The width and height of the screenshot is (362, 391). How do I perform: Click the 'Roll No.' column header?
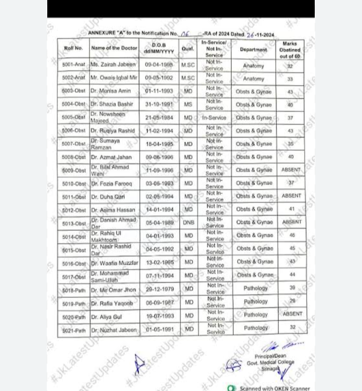(73, 48)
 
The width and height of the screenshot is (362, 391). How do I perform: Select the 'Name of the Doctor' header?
(113, 48)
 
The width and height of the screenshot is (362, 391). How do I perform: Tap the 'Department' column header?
(253, 50)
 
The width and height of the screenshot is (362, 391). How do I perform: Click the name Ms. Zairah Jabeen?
(113, 65)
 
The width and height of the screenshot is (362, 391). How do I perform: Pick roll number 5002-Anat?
(73, 78)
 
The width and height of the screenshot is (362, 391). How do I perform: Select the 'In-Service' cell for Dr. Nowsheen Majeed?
(215, 118)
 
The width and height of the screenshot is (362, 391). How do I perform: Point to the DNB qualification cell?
(189, 222)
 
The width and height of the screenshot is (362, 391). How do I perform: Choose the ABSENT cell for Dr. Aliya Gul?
(292, 314)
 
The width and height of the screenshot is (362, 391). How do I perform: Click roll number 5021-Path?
(74, 330)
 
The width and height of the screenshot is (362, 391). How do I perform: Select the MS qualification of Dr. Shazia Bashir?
(188, 105)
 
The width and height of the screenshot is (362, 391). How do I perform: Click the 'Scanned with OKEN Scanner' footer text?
(275, 388)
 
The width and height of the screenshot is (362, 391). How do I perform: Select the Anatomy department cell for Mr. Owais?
(253, 79)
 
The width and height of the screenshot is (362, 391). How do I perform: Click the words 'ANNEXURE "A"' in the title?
(106, 33)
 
